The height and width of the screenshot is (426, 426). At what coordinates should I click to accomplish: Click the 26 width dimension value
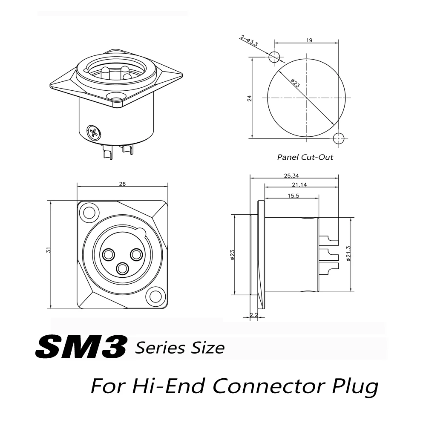122,184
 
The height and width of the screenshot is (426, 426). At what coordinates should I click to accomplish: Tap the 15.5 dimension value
293,196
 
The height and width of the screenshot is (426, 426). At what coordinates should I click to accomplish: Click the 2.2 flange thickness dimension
254,315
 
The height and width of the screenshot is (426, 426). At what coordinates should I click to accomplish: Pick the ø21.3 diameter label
348,254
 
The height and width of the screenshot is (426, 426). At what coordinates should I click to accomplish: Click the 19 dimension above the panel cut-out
309,40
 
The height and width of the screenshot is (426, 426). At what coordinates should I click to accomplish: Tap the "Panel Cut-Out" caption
305,157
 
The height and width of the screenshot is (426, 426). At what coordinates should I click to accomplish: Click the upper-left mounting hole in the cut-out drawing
274,57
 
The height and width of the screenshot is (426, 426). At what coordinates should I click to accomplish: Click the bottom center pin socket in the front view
123,268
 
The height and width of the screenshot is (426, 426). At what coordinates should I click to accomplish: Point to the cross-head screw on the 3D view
93,132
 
